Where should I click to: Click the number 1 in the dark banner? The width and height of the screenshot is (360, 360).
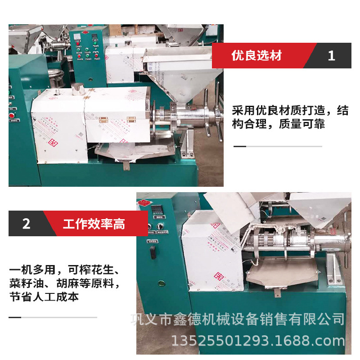click(332, 55)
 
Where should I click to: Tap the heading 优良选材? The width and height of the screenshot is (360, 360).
click(256, 55)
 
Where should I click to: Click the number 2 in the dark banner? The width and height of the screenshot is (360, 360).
click(27, 224)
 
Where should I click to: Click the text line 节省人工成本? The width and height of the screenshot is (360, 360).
click(44, 297)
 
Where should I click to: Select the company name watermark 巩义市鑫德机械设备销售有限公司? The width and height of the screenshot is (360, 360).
click(238, 319)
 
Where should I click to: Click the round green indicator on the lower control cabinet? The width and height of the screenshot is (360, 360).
click(160, 283)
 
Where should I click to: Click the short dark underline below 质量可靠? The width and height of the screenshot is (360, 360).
click(240, 146)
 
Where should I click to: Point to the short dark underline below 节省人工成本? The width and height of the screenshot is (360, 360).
click(15, 317)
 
